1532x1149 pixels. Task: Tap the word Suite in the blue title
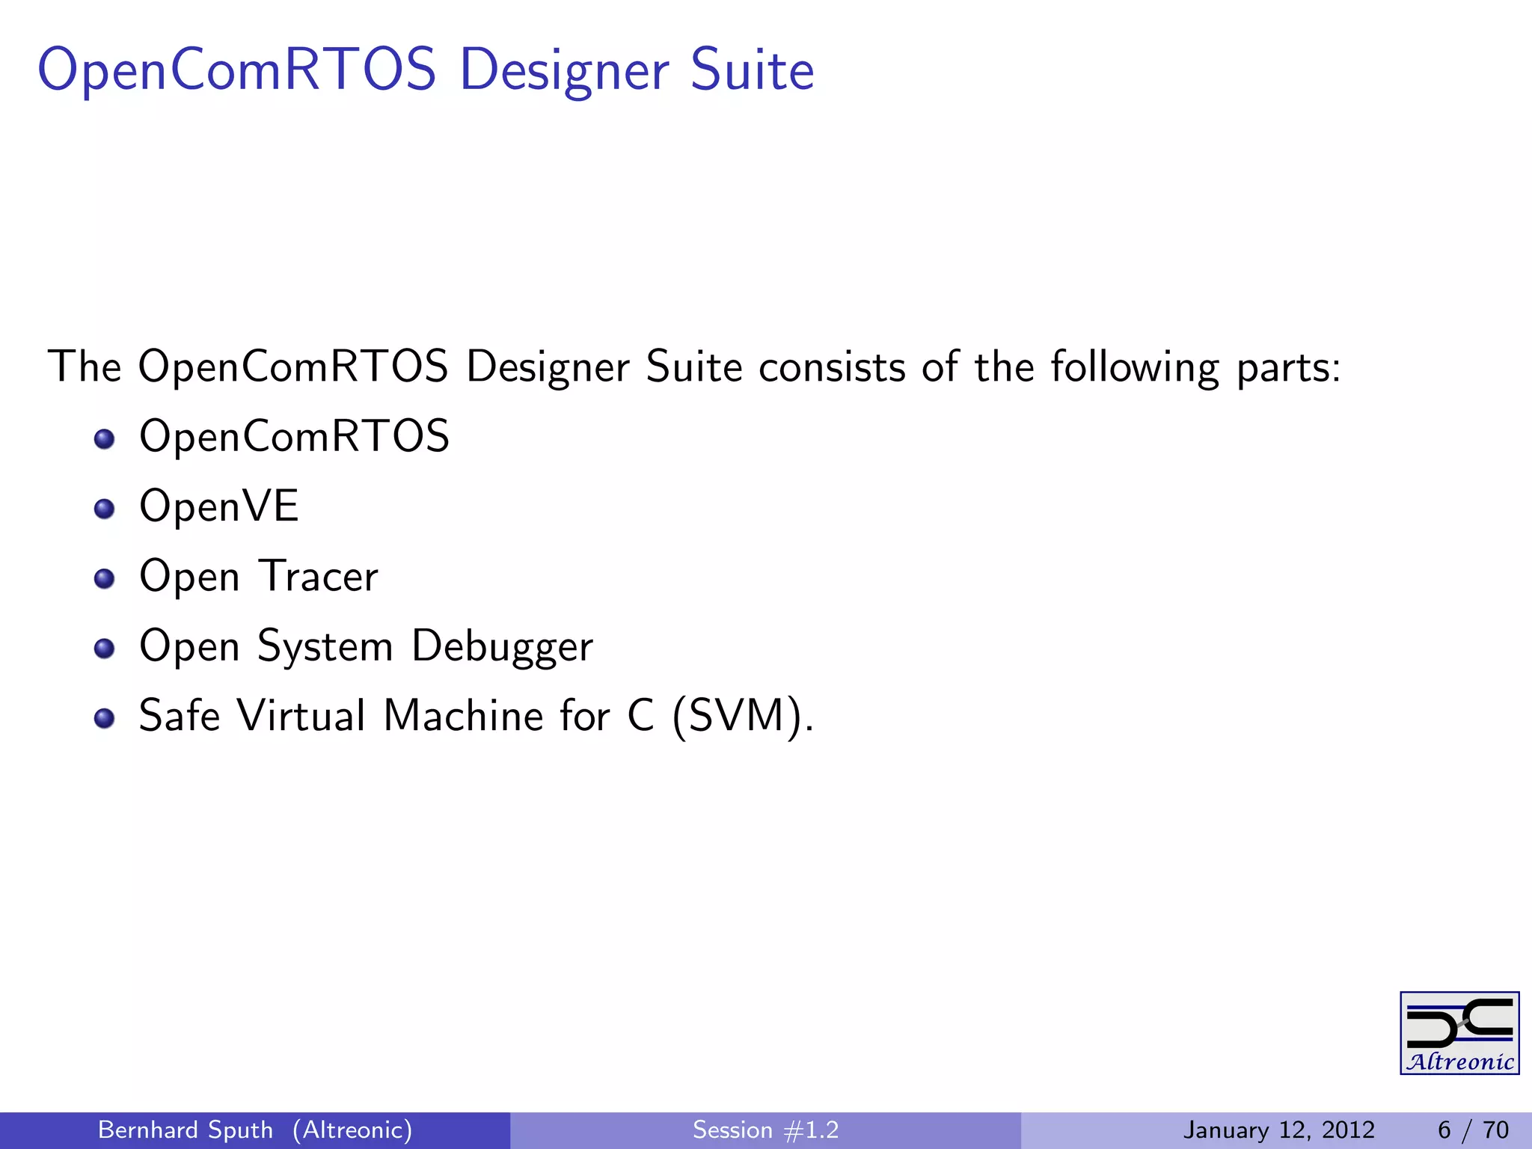click(751, 70)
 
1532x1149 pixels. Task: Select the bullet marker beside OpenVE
click(105, 509)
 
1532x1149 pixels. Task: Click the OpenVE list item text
click(219, 506)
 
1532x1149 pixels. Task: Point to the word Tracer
click(319, 576)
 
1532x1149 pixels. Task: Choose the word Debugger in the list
click(502, 646)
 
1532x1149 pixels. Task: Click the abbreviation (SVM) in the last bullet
click(735, 716)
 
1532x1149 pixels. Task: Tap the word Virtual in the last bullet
click(301, 716)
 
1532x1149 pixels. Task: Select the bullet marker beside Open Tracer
click(105, 579)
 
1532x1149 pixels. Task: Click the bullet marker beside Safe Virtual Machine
click(105, 719)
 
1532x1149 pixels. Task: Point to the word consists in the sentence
click(832, 367)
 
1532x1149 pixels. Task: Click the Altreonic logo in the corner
click(1459, 1033)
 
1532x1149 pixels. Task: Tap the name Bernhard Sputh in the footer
click(186, 1130)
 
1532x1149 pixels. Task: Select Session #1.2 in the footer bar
click(765, 1130)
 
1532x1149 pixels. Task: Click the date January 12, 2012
click(1278, 1130)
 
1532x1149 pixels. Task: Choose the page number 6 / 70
click(1473, 1130)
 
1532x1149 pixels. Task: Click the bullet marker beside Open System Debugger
click(105, 649)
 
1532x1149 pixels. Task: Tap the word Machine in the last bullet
click(463, 716)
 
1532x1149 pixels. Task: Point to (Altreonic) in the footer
click(352, 1130)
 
